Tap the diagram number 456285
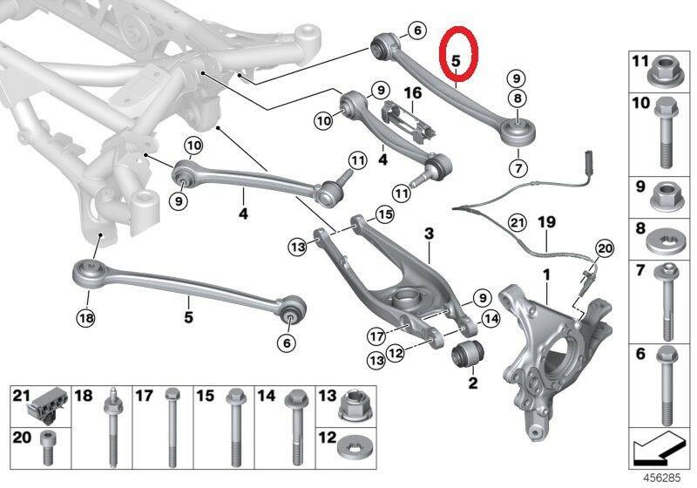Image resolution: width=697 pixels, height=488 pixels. tap(662, 478)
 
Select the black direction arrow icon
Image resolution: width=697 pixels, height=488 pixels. tap(658, 448)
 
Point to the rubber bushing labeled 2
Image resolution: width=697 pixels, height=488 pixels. tap(469, 354)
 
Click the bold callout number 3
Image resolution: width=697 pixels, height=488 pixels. tap(429, 234)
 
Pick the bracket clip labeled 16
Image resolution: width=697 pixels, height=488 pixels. tap(409, 120)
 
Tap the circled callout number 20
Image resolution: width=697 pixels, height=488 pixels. tap(604, 249)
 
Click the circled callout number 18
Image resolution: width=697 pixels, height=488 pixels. tap(85, 318)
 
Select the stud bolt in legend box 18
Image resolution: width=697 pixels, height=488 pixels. tap(112, 427)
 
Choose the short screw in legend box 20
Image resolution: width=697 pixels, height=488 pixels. tap(46, 447)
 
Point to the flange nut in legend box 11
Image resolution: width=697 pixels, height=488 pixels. tap(665, 71)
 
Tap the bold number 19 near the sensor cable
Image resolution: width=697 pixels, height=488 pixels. tap(547, 221)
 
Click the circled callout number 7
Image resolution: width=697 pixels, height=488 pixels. tap(518, 168)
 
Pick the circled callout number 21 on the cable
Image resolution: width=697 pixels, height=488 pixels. tap(517, 221)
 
